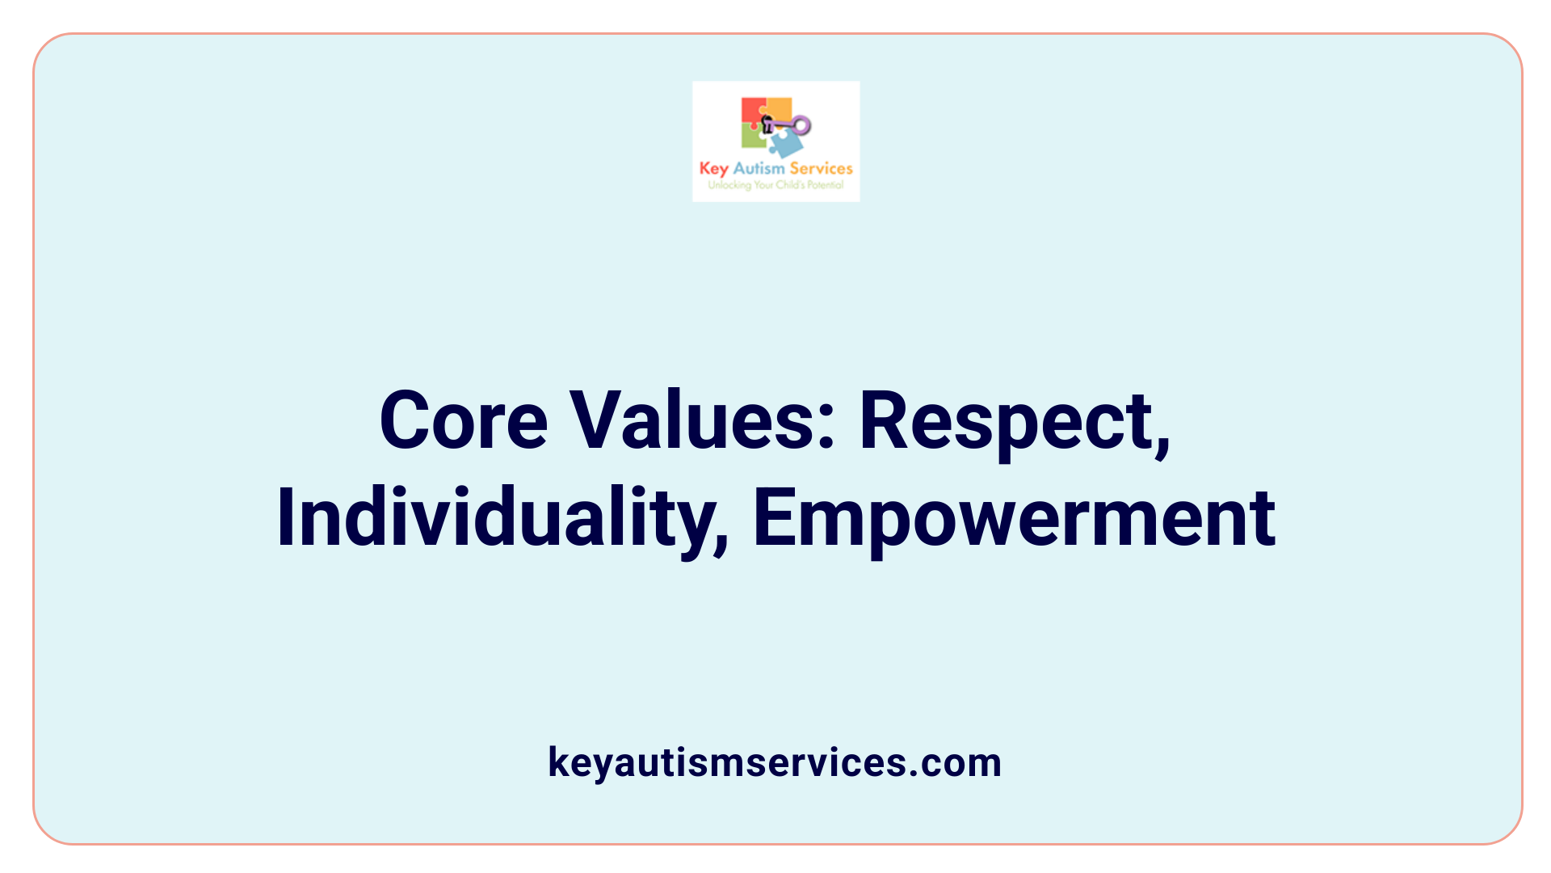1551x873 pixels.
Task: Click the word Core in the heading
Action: tap(464, 421)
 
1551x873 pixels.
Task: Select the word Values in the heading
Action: tap(695, 421)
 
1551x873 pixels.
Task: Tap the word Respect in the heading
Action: tap(1007, 421)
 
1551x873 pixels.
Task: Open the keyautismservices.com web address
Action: tap(775, 762)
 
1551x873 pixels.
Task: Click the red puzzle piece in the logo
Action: tap(751, 112)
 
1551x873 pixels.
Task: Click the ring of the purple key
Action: tap(801, 125)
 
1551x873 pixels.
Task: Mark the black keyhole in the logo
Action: tap(767, 124)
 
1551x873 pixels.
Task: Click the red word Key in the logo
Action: tap(713, 169)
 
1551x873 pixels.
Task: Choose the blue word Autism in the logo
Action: tap(759, 169)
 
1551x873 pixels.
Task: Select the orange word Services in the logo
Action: tap(821, 169)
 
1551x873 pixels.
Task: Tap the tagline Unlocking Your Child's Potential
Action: tap(775, 185)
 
